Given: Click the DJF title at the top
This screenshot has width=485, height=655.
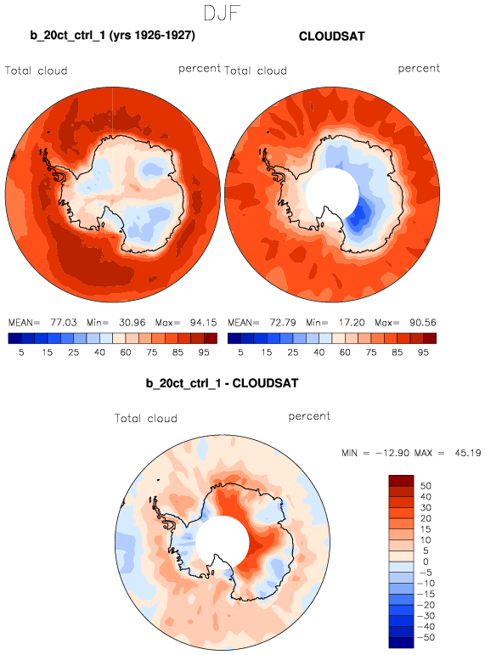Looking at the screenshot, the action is [x=222, y=13].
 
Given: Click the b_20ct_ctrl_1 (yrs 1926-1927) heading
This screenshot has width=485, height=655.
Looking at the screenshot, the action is [x=112, y=35].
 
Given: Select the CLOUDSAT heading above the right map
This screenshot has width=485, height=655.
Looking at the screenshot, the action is [x=332, y=37].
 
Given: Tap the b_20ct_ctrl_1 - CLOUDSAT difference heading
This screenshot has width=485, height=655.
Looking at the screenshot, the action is [x=222, y=383].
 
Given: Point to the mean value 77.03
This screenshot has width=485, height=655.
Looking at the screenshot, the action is [x=64, y=323].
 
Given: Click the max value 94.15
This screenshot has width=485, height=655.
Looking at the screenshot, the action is [x=204, y=323].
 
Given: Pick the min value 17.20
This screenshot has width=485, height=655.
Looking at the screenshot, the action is [x=351, y=323].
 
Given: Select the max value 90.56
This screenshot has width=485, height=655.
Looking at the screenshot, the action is [x=423, y=323].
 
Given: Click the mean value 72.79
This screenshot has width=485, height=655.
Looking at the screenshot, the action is [x=283, y=323].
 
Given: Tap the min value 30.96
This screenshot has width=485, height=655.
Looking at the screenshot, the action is [x=132, y=323].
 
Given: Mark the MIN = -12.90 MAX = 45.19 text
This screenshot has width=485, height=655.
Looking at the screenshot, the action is [x=411, y=453].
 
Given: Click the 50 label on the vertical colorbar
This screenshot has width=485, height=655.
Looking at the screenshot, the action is [x=426, y=486].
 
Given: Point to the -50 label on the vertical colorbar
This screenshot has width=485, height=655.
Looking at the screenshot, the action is [x=426, y=637].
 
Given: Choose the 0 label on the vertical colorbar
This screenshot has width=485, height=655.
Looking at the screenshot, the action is [x=426, y=562].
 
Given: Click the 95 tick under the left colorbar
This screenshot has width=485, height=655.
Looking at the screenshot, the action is [x=204, y=353].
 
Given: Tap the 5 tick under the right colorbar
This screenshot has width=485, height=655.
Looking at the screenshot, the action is [x=240, y=353].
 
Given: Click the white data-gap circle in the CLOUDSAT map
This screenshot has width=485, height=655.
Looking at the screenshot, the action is [x=332, y=195].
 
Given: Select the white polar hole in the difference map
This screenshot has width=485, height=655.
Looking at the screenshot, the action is [x=223, y=542].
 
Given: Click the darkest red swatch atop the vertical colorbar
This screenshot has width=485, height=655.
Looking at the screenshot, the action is [x=401, y=480].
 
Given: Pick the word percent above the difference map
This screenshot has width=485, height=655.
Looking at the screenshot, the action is [x=309, y=416].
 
